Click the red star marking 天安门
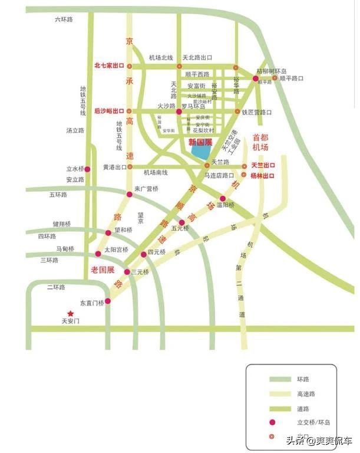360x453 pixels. (70, 314)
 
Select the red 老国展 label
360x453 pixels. (102, 269)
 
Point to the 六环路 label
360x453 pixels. (63, 19)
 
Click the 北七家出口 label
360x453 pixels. (109, 66)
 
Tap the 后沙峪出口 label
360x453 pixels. (109, 111)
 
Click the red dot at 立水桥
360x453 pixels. (87, 169)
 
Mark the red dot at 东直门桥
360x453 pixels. (107, 301)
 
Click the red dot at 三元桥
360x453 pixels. (127, 272)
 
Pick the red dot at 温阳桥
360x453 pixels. (223, 199)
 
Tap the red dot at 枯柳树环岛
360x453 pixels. (256, 78)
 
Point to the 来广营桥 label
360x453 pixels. (147, 189)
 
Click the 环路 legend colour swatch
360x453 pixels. (278, 379)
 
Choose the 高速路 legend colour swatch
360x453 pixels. (278, 394)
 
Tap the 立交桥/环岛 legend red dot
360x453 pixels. (272, 422)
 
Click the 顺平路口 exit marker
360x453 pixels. (275, 78)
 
